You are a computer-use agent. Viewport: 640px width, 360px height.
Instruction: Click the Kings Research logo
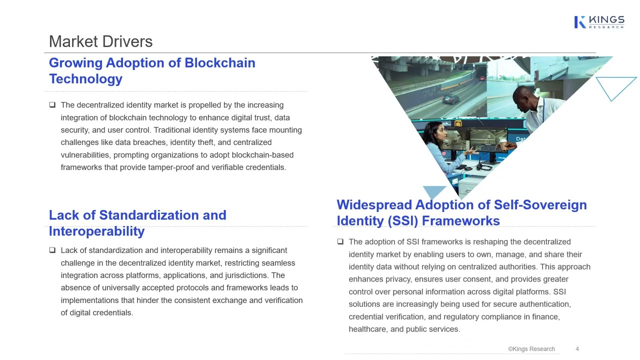pos(599,22)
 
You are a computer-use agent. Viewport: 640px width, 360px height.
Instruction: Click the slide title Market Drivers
pos(100,41)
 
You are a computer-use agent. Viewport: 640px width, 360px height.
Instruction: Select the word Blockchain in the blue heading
pos(220,63)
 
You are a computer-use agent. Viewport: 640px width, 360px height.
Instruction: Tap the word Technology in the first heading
pos(85,79)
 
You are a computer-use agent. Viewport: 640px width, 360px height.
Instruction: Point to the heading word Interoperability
pos(96,231)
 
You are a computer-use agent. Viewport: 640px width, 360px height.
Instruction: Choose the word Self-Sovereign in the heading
pos(540,205)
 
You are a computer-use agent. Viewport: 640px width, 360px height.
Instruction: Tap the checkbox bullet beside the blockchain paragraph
pos(52,105)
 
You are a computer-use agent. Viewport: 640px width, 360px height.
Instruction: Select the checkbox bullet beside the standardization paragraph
pos(52,250)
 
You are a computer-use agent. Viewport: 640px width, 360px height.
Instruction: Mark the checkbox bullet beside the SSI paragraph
pos(340,241)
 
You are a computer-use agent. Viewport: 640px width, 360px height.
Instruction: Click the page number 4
pos(577,349)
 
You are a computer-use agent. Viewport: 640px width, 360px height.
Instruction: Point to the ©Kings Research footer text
pos(531,349)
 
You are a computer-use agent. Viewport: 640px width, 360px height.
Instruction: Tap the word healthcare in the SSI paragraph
pos(367,329)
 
